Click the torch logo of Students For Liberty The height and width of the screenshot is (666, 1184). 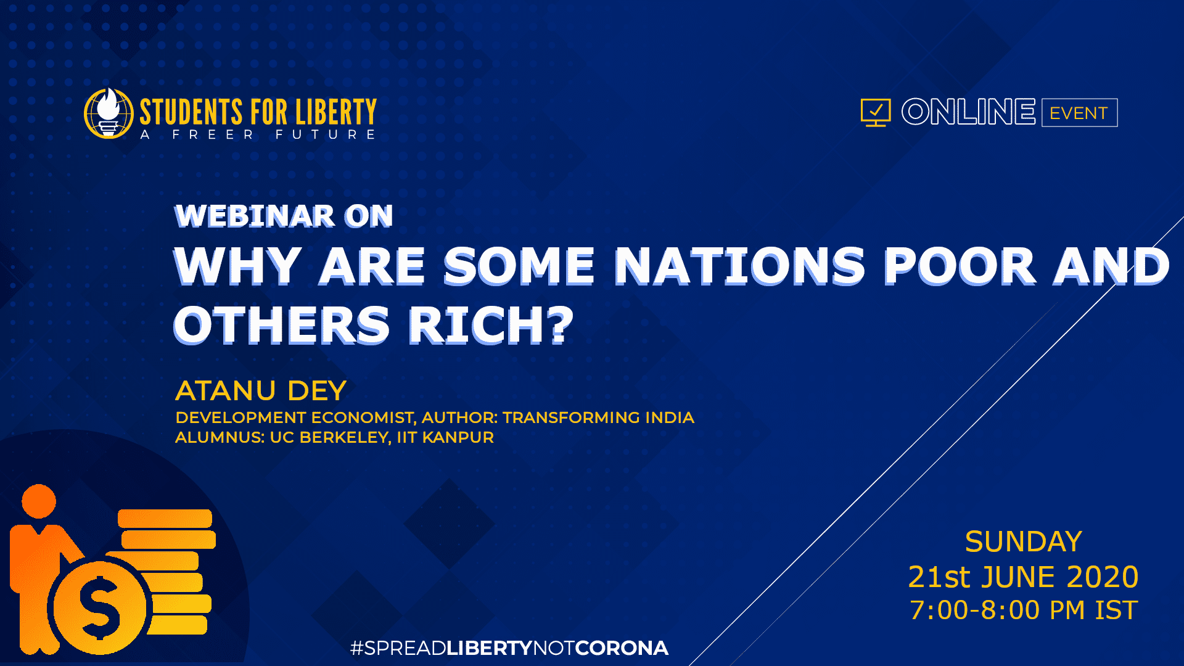pyautogui.click(x=109, y=113)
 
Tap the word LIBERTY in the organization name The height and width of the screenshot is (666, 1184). pyautogui.click(x=335, y=112)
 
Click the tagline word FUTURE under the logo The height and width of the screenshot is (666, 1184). pyautogui.click(x=325, y=134)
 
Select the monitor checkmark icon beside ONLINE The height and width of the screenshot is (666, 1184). pyautogui.click(x=876, y=112)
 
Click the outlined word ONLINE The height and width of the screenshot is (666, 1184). pyautogui.click(x=968, y=112)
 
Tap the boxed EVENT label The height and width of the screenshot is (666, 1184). pyautogui.click(x=1079, y=113)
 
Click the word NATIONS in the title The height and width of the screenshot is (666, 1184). pyautogui.click(x=740, y=266)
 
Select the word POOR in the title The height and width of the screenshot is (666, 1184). pyautogui.click(x=960, y=266)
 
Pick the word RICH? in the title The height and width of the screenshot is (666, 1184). pyautogui.click(x=491, y=325)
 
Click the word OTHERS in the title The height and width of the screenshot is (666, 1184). pyautogui.click(x=282, y=325)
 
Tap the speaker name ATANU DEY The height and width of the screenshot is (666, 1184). pyautogui.click(x=261, y=391)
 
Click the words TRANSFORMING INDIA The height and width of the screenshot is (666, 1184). pyautogui.click(x=598, y=417)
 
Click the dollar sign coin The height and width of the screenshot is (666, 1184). pyautogui.click(x=99, y=607)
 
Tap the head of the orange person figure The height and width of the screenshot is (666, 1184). pyautogui.click(x=39, y=501)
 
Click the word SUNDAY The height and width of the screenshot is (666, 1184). pyautogui.click(x=1024, y=542)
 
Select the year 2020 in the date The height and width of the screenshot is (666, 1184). pyautogui.click(x=1103, y=577)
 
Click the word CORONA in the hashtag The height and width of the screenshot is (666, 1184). pyautogui.click(x=622, y=648)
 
